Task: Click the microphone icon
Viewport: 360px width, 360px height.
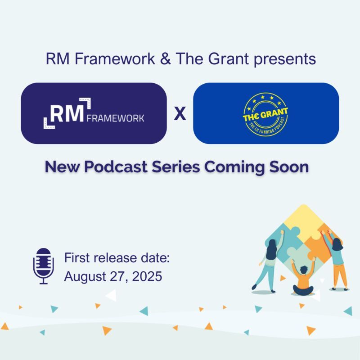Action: coord(44,265)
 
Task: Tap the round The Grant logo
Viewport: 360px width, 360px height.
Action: coord(265,113)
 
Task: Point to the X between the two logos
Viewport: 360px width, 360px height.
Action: coord(180,114)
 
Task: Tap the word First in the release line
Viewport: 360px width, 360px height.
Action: coord(76,259)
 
